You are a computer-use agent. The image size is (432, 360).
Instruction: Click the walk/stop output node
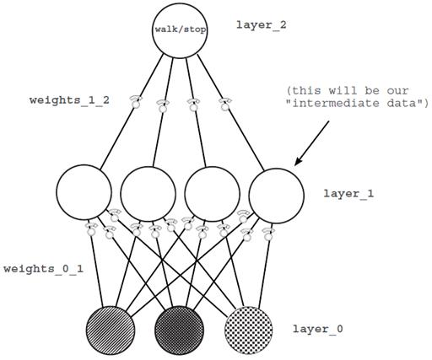point(180,30)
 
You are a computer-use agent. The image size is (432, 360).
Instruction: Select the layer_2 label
point(262,25)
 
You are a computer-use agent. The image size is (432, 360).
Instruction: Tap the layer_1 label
point(348,193)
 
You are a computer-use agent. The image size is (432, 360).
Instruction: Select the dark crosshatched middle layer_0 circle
point(180,329)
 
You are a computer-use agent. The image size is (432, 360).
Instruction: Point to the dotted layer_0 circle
point(251,329)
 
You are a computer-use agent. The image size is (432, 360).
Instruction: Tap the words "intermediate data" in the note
point(358,105)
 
